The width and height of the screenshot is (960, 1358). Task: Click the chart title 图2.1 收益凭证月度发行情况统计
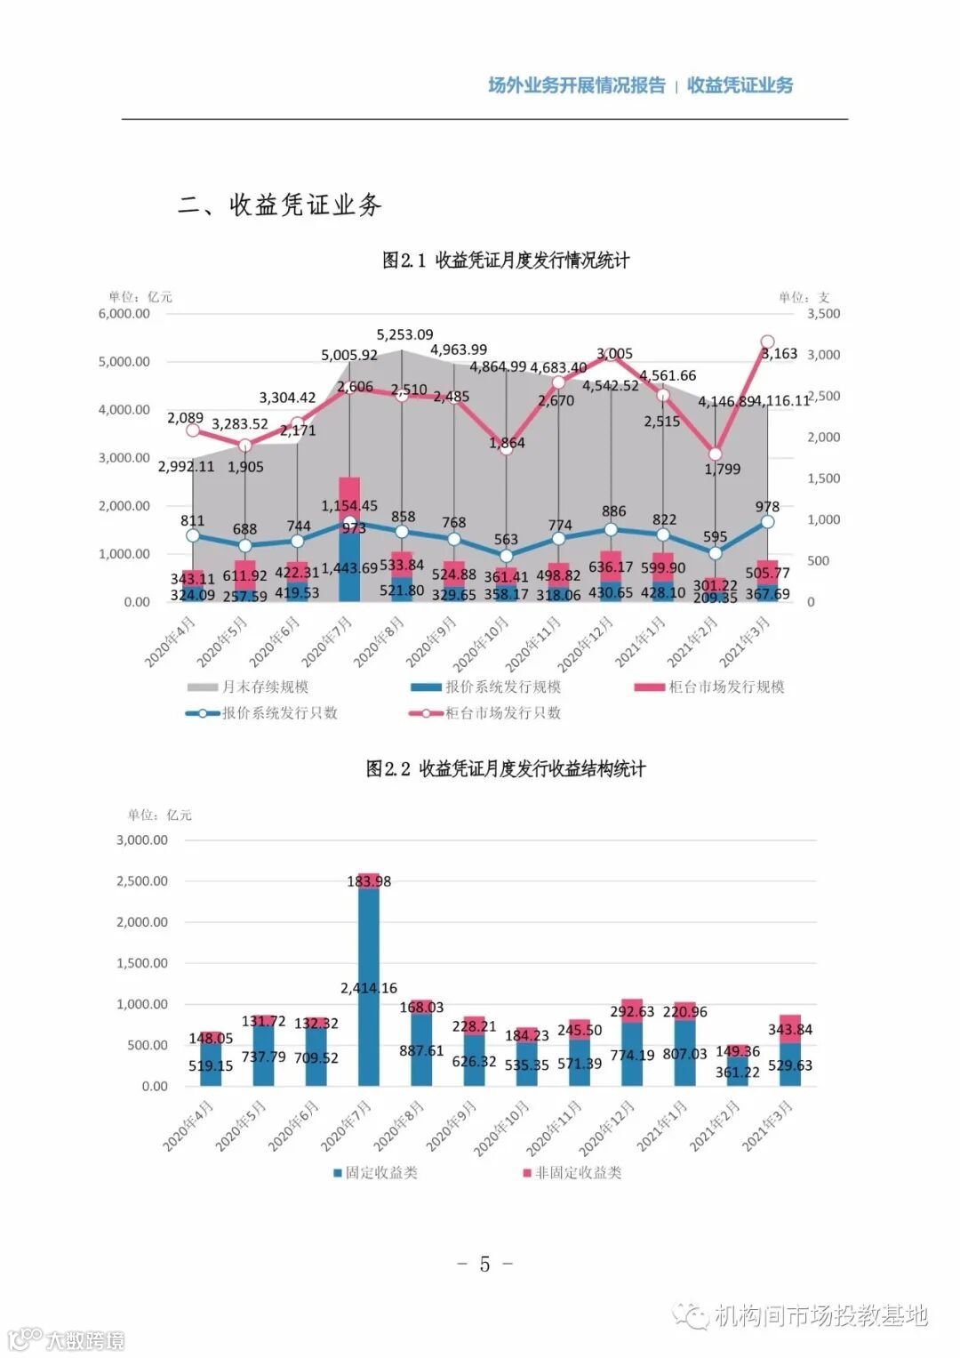tap(506, 261)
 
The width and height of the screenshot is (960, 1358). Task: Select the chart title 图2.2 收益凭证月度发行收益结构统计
tap(506, 769)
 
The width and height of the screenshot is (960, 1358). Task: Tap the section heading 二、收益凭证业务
tap(280, 205)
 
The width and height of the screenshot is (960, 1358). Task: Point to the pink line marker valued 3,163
tap(767, 342)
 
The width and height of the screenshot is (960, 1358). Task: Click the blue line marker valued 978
tap(767, 522)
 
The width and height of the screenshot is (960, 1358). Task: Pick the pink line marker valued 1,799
tap(715, 454)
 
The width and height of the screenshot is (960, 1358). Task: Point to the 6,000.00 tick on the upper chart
tap(124, 314)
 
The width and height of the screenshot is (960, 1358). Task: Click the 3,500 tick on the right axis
tap(823, 314)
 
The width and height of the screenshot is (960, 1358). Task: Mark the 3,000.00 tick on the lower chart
tap(142, 840)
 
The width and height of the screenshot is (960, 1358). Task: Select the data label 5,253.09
tap(404, 335)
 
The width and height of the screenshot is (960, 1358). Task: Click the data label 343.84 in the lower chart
tap(790, 1030)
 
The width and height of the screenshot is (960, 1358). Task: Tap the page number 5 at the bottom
tap(484, 1265)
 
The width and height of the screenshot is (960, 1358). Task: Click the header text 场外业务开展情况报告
tap(577, 85)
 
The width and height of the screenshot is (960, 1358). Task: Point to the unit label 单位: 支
tap(804, 297)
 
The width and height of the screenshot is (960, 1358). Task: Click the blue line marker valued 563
tap(506, 557)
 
